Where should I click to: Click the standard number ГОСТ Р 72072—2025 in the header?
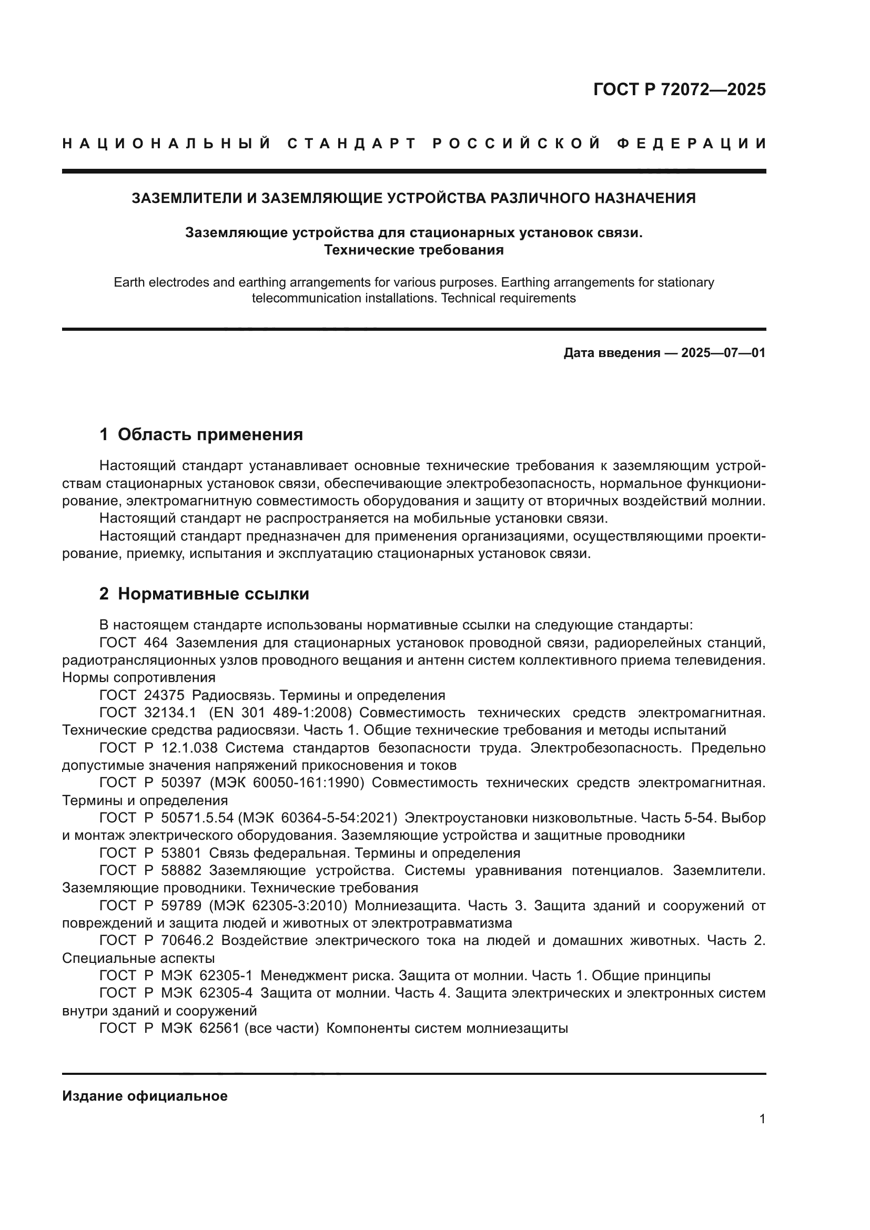pyautogui.click(x=679, y=89)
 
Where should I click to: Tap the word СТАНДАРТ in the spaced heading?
pyautogui.click(x=351, y=144)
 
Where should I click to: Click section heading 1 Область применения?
pyautogui.click(x=201, y=434)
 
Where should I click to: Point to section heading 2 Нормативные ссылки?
pyautogui.click(x=204, y=594)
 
